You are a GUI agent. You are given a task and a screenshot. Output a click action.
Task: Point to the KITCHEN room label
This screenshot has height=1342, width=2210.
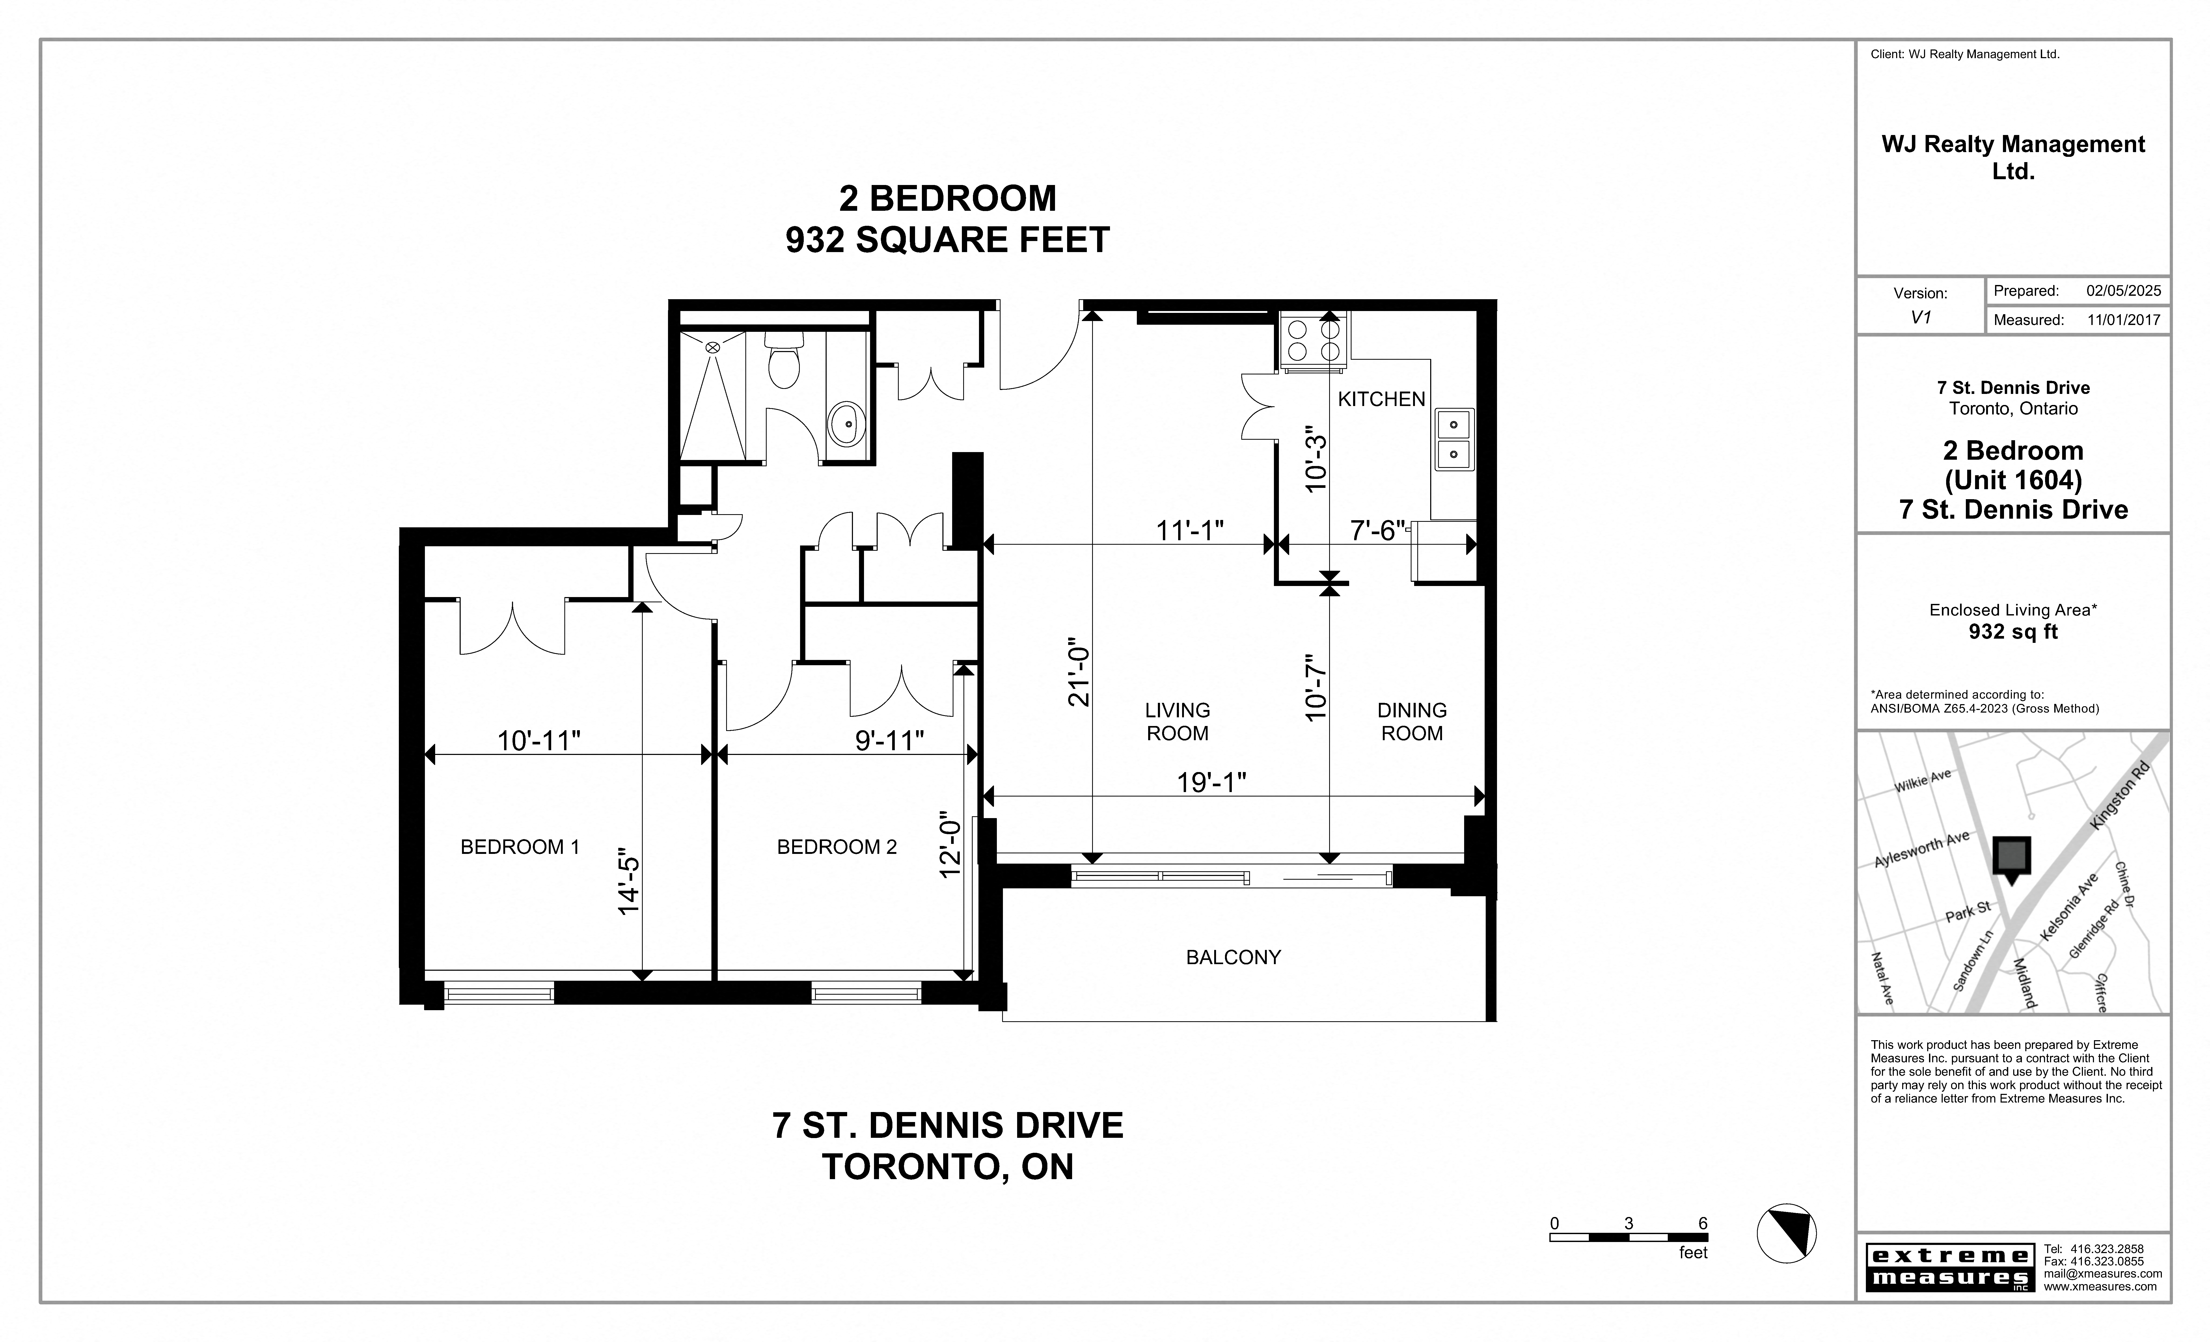tap(1381, 399)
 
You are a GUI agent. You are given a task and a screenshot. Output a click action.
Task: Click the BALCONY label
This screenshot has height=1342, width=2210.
tap(1233, 957)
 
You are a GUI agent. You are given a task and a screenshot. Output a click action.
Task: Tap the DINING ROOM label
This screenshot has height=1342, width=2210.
tap(1412, 722)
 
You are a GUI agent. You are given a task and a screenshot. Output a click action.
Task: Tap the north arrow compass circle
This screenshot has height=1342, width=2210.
tap(1786, 1234)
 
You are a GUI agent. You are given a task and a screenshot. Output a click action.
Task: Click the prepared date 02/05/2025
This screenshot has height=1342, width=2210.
tap(2123, 291)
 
